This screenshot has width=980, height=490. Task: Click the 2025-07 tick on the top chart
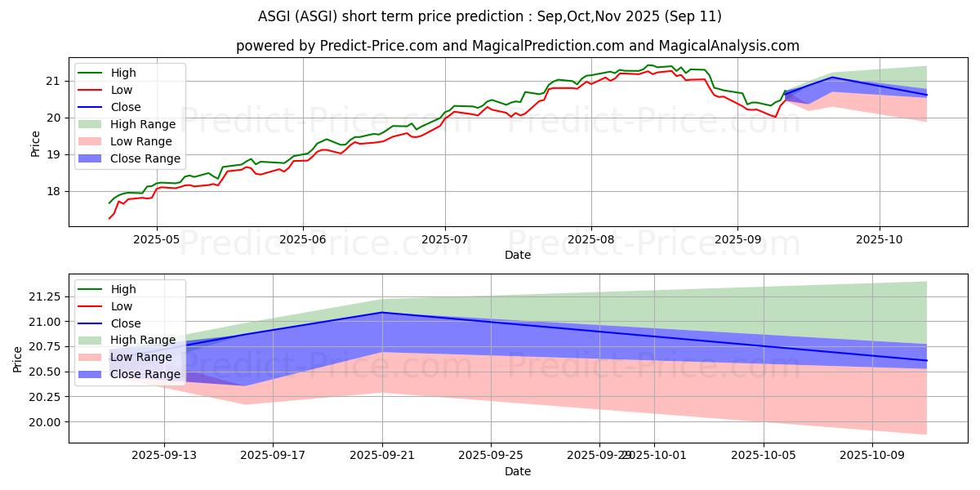pyautogui.click(x=445, y=239)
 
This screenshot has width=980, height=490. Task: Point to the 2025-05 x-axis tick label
pyautogui.click(x=157, y=239)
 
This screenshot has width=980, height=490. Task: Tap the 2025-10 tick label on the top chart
pyautogui.click(x=880, y=239)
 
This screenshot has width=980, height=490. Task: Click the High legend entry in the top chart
pyautogui.click(x=123, y=73)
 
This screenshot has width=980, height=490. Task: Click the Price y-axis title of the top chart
pyautogui.click(x=34, y=144)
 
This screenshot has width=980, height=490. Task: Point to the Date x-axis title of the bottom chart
pyautogui.click(x=518, y=471)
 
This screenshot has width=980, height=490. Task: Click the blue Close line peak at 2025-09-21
pyautogui.click(x=382, y=312)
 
